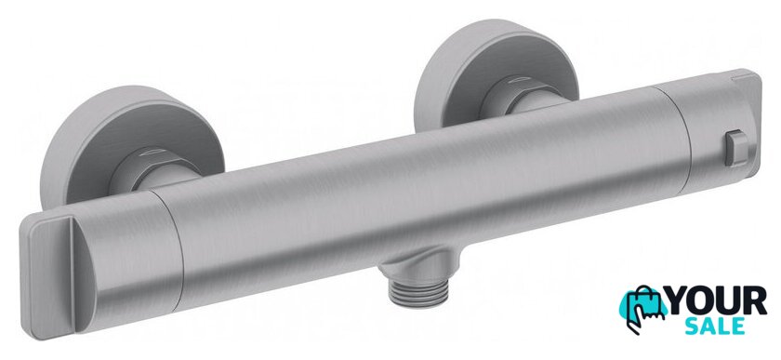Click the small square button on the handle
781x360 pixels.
coord(736,148)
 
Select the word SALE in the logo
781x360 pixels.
coord(715,327)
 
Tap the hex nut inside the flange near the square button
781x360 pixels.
coord(523,94)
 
